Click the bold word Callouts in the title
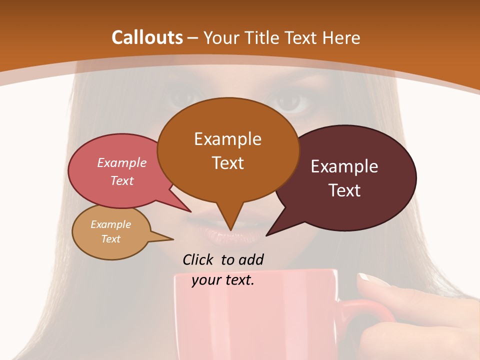[147, 37]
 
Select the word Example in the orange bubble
[227, 139]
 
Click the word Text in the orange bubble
[227, 163]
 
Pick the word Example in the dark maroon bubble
[344, 166]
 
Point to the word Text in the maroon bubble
[344, 190]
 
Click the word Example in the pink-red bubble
[122, 162]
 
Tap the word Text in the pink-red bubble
[122, 180]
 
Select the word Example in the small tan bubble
[110, 224]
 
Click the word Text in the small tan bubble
[110, 239]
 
